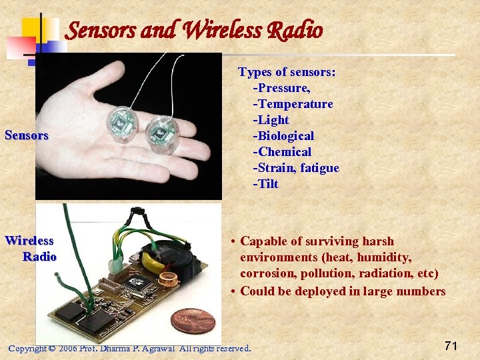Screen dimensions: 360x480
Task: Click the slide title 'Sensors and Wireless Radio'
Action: click(x=195, y=30)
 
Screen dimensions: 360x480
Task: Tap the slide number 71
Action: click(x=451, y=345)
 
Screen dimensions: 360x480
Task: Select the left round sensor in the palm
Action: click(x=121, y=123)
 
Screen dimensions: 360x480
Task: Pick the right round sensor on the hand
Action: click(x=160, y=133)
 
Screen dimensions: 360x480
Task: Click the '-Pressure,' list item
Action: click(x=282, y=88)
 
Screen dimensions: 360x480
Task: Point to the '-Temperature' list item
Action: click(x=293, y=104)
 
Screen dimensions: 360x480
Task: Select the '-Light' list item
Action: click(x=271, y=120)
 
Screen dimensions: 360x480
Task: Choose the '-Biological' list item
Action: click(x=283, y=136)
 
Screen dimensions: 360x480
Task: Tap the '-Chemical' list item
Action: click(x=282, y=152)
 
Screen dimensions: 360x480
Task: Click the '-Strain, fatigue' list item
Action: click(x=296, y=168)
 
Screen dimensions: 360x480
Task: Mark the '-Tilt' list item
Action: click(x=265, y=184)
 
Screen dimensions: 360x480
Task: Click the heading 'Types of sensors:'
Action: click(x=287, y=72)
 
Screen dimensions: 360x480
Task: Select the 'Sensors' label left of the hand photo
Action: click(x=27, y=135)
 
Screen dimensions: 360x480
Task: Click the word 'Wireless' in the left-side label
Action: click(x=29, y=241)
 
